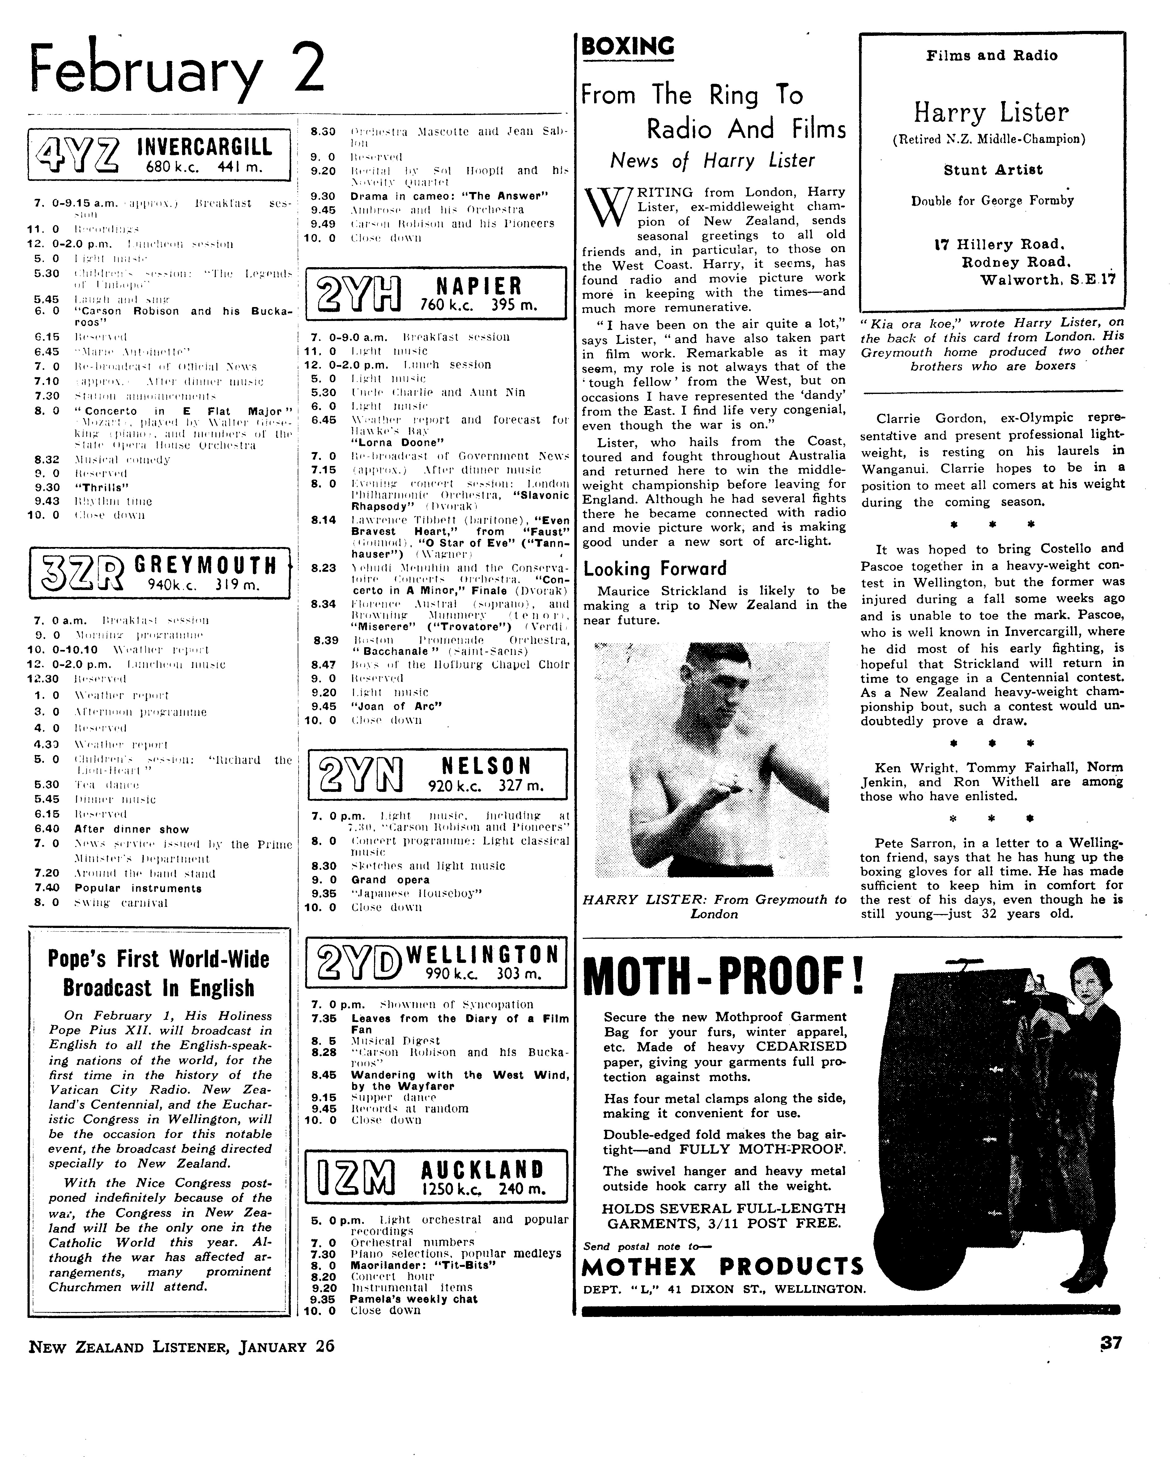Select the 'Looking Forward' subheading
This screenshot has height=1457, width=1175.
(654, 569)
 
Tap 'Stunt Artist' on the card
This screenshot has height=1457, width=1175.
(993, 170)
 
